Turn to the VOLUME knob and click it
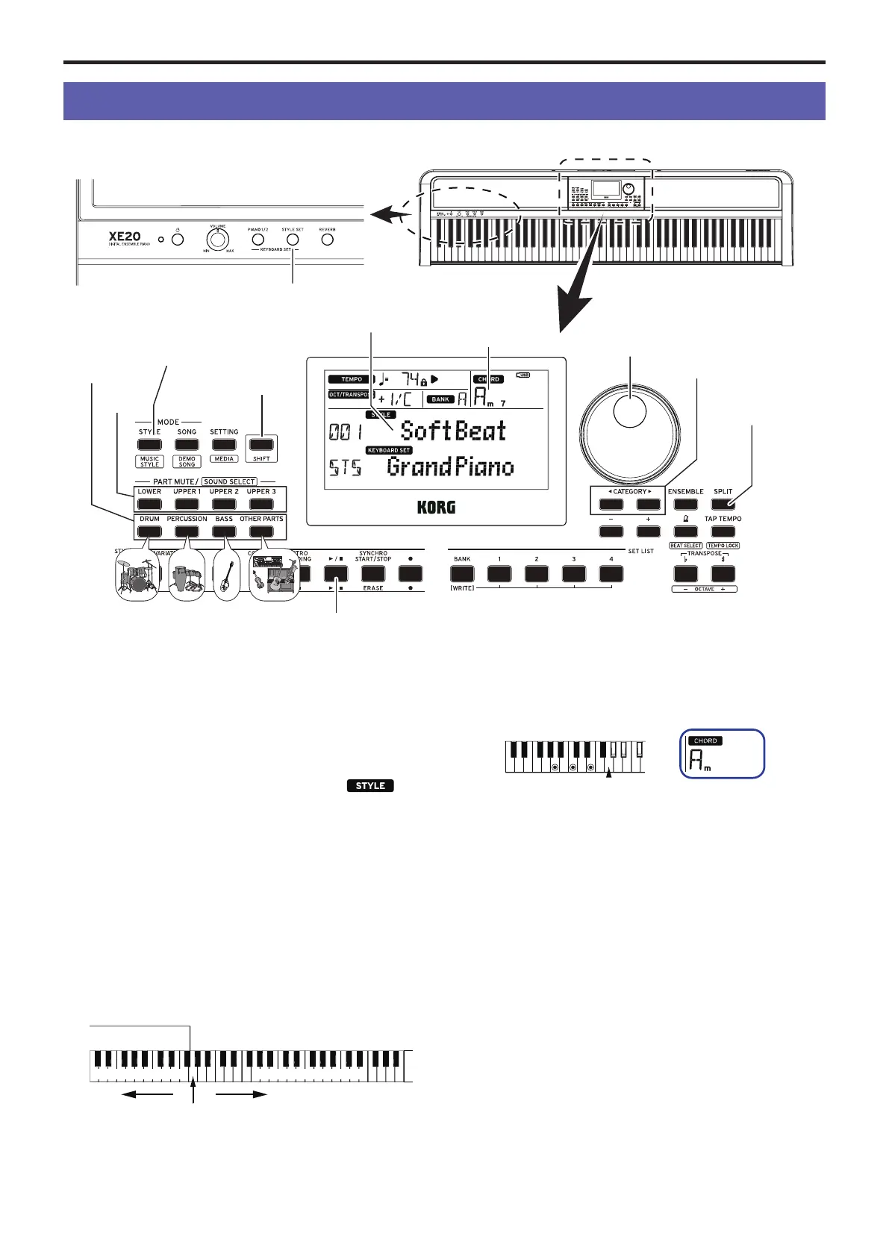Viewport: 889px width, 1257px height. tap(216, 240)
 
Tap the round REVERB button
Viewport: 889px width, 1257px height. tap(327, 240)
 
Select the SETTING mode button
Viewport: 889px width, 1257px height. tap(223, 444)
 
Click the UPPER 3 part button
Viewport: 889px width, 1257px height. tap(261, 504)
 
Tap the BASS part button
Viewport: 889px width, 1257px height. tap(223, 531)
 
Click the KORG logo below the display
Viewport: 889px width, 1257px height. tap(436, 508)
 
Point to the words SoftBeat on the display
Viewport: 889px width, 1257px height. tap(453, 431)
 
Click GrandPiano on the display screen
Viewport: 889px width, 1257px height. tap(450, 468)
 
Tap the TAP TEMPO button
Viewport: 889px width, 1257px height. tap(723, 531)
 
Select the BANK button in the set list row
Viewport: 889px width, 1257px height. tap(462, 573)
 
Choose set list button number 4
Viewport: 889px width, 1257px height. tap(611, 573)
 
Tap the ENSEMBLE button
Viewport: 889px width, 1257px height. tap(685, 504)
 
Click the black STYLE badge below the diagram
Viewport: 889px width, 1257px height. tap(370, 785)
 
